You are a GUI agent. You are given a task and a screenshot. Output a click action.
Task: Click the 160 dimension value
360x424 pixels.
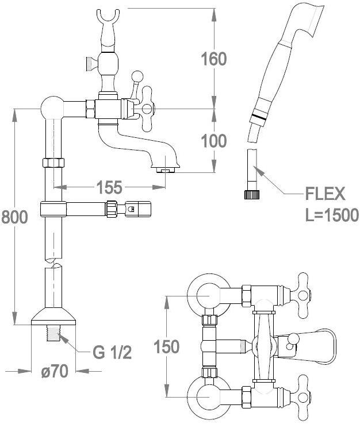pyautogui.click(x=213, y=59)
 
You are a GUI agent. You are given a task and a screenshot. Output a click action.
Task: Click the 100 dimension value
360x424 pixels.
pyautogui.click(x=213, y=141)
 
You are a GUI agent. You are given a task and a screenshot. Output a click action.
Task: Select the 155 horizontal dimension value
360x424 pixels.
pyautogui.click(x=109, y=187)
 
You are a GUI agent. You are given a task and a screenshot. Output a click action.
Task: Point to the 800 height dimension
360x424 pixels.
pyautogui.click(x=14, y=217)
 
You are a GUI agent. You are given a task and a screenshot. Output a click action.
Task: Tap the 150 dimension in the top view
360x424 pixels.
pyautogui.click(x=166, y=346)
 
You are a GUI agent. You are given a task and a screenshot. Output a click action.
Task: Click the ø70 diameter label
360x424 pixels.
pyautogui.click(x=55, y=371)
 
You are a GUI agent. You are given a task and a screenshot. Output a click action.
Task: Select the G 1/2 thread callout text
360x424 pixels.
pyautogui.click(x=112, y=352)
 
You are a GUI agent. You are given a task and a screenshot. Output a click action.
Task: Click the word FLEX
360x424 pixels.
pyautogui.click(x=325, y=194)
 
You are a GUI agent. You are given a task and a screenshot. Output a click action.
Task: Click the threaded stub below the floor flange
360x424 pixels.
pyautogui.click(x=53, y=333)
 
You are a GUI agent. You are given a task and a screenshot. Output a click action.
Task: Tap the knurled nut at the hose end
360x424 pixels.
pyautogui.click(x=252, y=195)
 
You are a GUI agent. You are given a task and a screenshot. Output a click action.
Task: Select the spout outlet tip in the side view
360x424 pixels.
pyautogui.click(x=165, y=170)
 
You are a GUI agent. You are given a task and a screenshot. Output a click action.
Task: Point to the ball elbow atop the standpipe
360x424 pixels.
pyautogui.click(x=52, y=109)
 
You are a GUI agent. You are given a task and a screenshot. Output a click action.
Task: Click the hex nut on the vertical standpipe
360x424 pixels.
pyautogui.click(x=53, y=163)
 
